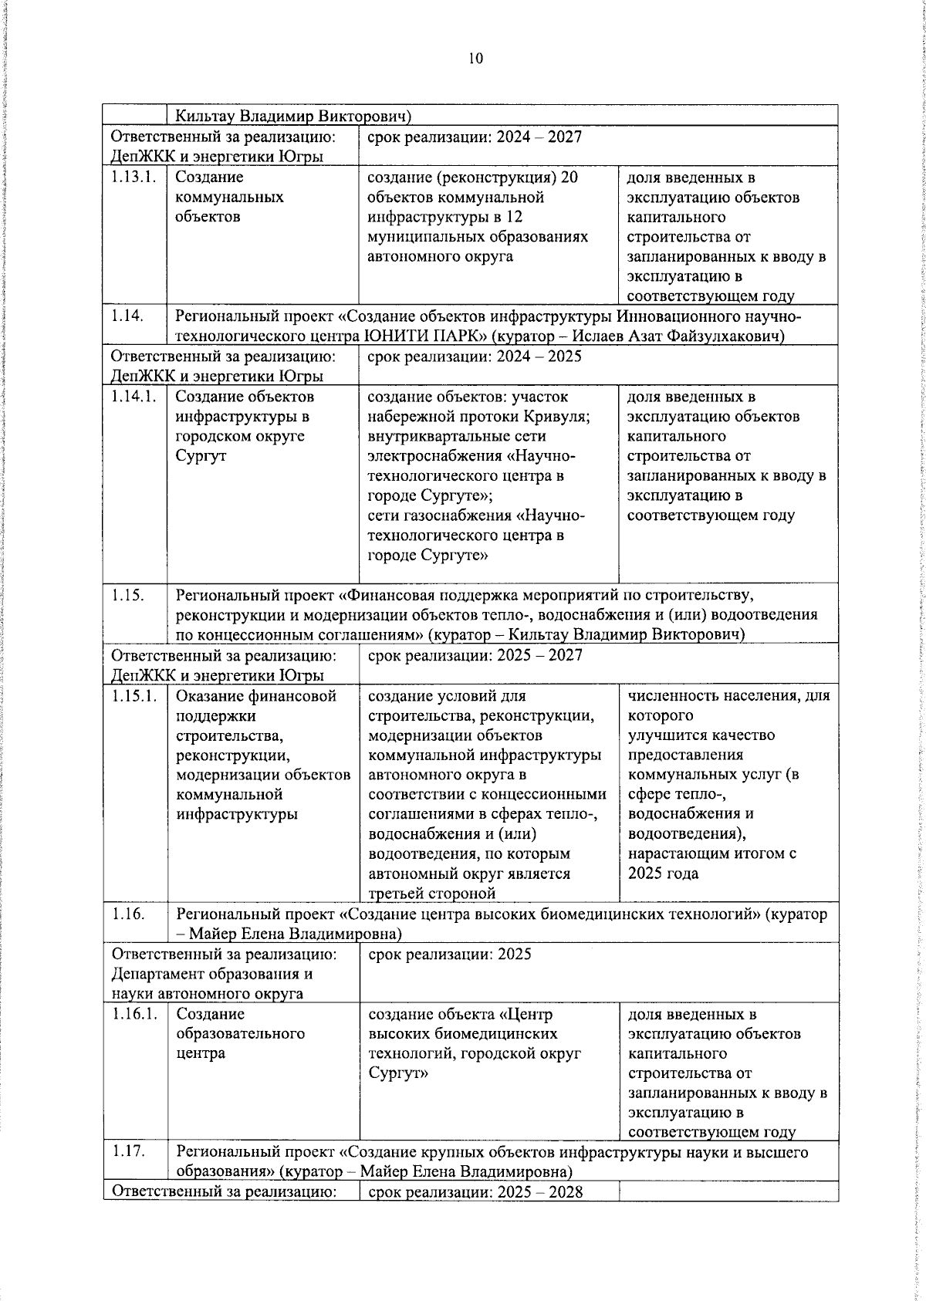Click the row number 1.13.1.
(133, 177)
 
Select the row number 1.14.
(127, 316)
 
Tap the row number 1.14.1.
(133, 397)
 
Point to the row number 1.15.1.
(133, 696)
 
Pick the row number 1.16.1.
(134, 1014)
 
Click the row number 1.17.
(128, 1152)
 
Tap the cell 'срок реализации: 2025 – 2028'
(475, 1192)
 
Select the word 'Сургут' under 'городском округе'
(201, 456)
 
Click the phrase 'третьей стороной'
(431, 894)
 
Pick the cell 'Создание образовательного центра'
(240, 1034)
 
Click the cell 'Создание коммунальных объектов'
(229, 197)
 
